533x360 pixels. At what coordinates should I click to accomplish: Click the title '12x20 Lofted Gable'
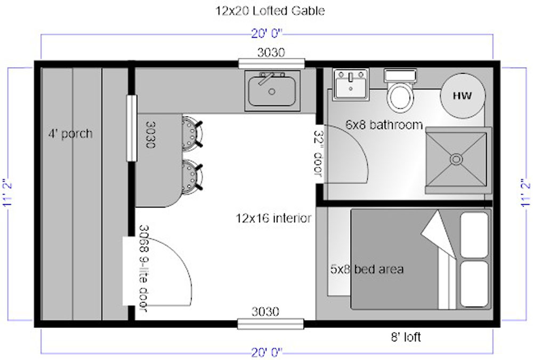(270, 11)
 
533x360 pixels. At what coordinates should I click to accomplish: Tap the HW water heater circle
(463, 95)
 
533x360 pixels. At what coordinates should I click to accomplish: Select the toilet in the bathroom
(400, 91)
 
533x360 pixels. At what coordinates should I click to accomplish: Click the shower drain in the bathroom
(456, 159)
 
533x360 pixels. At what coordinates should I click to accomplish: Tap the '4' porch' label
(70, 133)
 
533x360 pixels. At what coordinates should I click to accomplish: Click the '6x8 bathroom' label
(384, 125)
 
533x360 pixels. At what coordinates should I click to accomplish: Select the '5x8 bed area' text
(367, 269)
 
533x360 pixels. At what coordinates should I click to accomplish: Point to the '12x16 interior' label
(273, 218)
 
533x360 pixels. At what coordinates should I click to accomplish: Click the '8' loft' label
(406, 337)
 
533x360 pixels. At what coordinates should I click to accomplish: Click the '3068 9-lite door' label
(144, 268)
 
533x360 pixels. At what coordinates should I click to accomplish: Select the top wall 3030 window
(271, 63)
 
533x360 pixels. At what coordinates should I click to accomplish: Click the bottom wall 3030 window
(271, 324)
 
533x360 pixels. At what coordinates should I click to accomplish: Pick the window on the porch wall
(132, 129)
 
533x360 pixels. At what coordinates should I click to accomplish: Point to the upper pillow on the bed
(474, 235)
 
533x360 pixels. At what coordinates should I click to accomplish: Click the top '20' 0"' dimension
(267, 34)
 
